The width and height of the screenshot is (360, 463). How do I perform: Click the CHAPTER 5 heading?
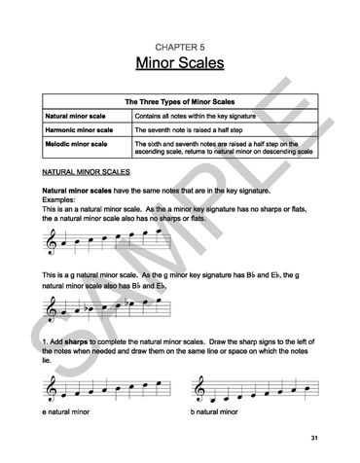coord(180,46)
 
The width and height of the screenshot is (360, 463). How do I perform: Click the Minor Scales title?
coord(180,64)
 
